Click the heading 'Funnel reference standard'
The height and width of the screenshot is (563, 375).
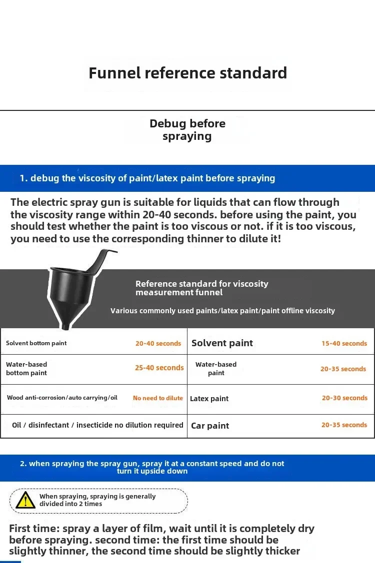tap(187, 73)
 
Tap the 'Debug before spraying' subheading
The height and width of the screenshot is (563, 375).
tap(187, 130)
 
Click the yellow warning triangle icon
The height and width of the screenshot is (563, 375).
tap(25, 500)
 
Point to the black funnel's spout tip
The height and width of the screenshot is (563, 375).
tap(65, 327)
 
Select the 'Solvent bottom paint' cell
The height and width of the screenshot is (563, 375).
tap(36, 343)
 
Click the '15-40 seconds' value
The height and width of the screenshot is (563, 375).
tap(344, 344)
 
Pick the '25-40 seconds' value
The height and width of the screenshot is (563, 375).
tap(159, 368)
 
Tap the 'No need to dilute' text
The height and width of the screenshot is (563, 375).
tap(158, 398)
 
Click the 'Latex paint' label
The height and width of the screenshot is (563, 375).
tap(209, 399)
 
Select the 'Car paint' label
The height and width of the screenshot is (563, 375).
tap(210, 426)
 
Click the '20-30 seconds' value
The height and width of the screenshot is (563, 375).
tap(344, 398)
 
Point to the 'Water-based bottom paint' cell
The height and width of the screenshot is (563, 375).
tap(26, 369)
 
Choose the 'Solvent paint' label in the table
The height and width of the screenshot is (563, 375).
tap(222, 343)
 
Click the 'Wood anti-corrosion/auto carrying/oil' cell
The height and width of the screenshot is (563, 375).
tap(62, 398)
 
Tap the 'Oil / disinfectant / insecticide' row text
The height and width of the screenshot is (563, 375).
tap(97, 425)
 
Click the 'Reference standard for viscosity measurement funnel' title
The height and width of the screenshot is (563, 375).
tap(201, 288)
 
